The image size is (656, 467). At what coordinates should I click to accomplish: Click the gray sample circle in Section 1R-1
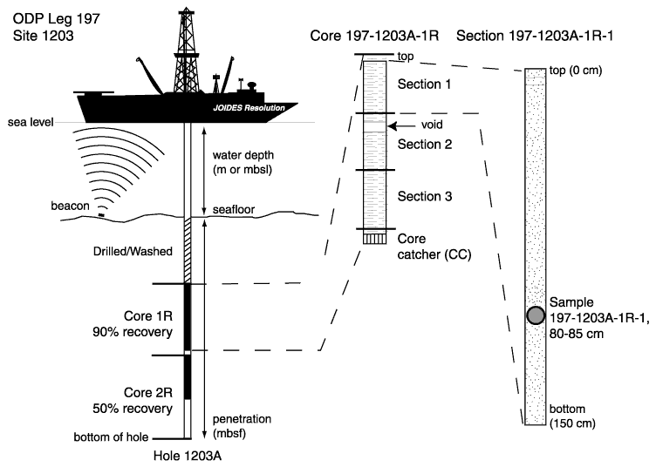pos(536,315)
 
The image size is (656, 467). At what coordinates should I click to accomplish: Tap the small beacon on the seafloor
pos(101,215)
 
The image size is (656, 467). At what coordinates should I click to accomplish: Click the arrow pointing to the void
pos(400,125)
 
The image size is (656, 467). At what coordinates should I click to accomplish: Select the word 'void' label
pos(432,125)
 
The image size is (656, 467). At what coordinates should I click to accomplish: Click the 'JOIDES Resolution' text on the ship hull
pos(249,108)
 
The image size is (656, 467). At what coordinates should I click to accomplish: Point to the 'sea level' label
pos(31,122)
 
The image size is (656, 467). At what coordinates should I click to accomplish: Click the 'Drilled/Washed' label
pos(133,251)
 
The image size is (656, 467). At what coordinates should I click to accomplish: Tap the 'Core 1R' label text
pos(148,315)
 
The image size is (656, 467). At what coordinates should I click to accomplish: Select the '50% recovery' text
pos(133,409)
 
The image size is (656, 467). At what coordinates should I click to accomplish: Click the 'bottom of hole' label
pos(111,437)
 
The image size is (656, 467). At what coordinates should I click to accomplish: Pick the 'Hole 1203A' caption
pos(188,456)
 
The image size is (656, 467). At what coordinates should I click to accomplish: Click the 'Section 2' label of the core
pos(425,145)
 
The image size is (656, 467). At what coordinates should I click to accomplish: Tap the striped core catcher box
pos(374,238)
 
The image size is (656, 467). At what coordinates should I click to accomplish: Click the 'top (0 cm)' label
pos(576,71)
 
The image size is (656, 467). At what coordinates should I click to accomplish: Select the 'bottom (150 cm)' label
pos(572,416)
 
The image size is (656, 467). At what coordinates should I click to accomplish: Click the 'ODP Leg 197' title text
pos(57,19)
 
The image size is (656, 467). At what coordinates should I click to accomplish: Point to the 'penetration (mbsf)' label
pos(242,426)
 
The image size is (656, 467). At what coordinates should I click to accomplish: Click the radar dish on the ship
pos(252,85)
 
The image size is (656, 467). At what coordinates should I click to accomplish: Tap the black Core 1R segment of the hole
pos(188,317)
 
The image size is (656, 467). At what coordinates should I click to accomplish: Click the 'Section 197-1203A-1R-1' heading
pos(535,36)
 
